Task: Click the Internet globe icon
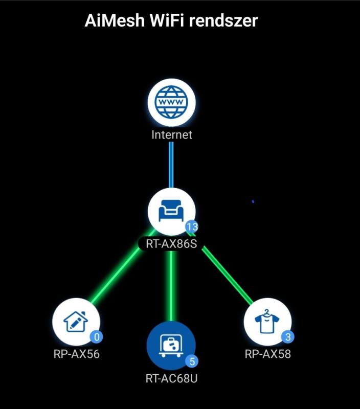pyautogui.click(x=171, y=102)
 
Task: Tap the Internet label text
pyautogui.click(x=171, y=135)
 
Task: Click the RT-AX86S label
pyautogui.click(x=171, y=244)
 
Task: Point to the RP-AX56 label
pyautogui.click(x=76, y=354)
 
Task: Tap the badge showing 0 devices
pyautogui.click(x=96, y=337)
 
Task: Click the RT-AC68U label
pyautogui.click(x=171, y=379)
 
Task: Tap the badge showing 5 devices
pyautogui.click(x=192, y=361)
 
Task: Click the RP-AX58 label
pyautogui.click(x=268, y=354)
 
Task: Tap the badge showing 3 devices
pyautogui.click(x=287, y=337)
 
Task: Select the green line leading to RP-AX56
pyautogui.click(x=115, y=276)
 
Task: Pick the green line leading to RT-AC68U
pyautogui.click(x=171, y=286)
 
